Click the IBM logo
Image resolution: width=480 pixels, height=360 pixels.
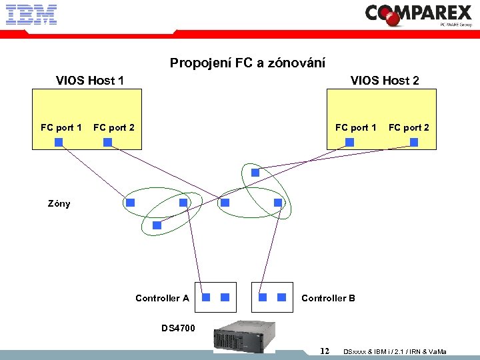pos(31,14)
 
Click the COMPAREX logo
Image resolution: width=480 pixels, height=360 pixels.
pos(419,14)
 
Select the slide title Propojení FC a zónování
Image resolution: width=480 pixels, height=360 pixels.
pos(247,63)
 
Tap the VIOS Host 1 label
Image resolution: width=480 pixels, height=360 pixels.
pos(90,81)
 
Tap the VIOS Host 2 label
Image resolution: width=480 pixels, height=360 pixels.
pos(385,81)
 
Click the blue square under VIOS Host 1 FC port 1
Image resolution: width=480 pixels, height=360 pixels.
pos(59,142)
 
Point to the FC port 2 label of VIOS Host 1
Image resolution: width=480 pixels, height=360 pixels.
pos(114,127)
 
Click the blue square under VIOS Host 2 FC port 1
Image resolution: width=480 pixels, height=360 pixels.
pos(349,142)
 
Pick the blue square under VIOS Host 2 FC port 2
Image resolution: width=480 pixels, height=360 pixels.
pos(414,142)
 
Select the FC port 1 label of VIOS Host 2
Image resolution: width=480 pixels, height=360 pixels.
pos(356,127)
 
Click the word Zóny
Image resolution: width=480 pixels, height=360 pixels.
pos(59,203)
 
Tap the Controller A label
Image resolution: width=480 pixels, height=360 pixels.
pos(162,298)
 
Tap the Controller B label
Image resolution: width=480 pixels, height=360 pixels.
pos(328,298)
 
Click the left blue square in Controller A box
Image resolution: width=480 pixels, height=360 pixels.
pos(207,297)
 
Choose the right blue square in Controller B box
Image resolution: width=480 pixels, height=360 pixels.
pos(281,297)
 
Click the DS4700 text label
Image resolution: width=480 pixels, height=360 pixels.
pos(179,327)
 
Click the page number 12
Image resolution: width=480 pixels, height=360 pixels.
pos(325,351)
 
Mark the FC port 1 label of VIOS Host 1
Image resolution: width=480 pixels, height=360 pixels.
pos(61,127)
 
